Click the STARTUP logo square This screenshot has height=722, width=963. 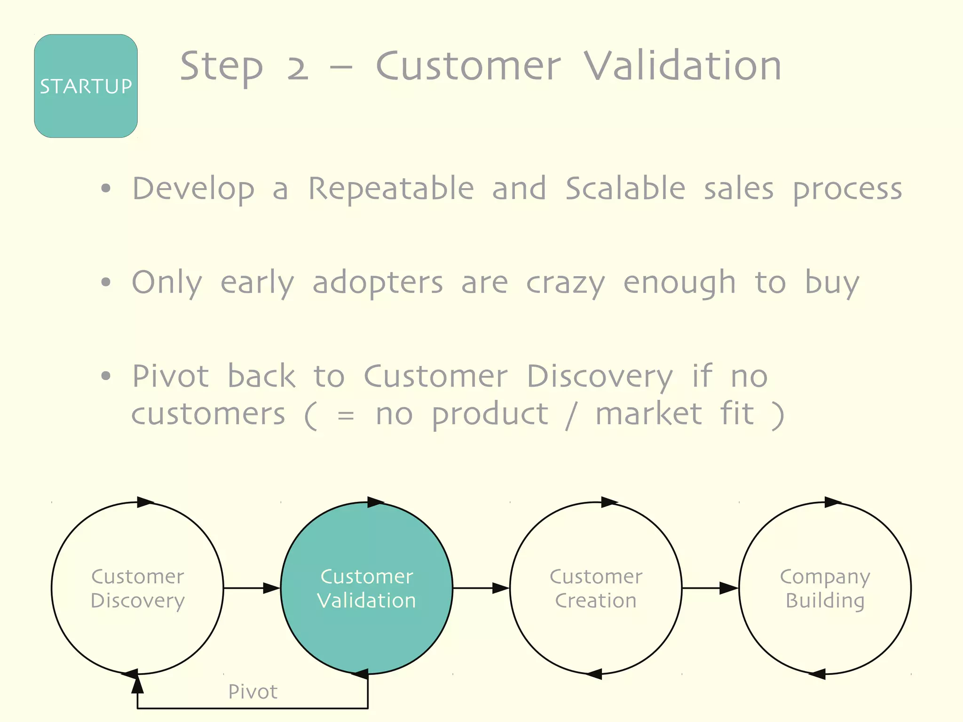(x=86, y=86)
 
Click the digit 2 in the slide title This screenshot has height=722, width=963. (x=298, y=67)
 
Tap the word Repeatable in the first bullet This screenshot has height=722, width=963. (x=391, y=189)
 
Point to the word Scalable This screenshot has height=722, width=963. (x=625, y=189)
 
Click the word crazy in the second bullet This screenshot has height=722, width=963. (x=565, y=284)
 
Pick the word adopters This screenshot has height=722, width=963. (x=378, y=283)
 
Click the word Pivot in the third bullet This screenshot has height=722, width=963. (x=170, y=376)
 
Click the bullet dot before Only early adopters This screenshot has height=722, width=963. (x=106, y=282)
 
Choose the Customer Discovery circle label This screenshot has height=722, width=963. (x=137, y=588)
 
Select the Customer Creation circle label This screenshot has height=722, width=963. (x=596, y=588)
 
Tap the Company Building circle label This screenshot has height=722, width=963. (x=825, y=588)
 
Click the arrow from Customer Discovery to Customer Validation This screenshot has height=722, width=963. (x=252, y=588)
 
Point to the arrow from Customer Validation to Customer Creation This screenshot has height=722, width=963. (x=481, y=588)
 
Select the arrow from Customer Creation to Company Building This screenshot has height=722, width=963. (x=710, y=588)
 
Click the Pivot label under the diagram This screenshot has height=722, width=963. (x=253, y=692)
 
